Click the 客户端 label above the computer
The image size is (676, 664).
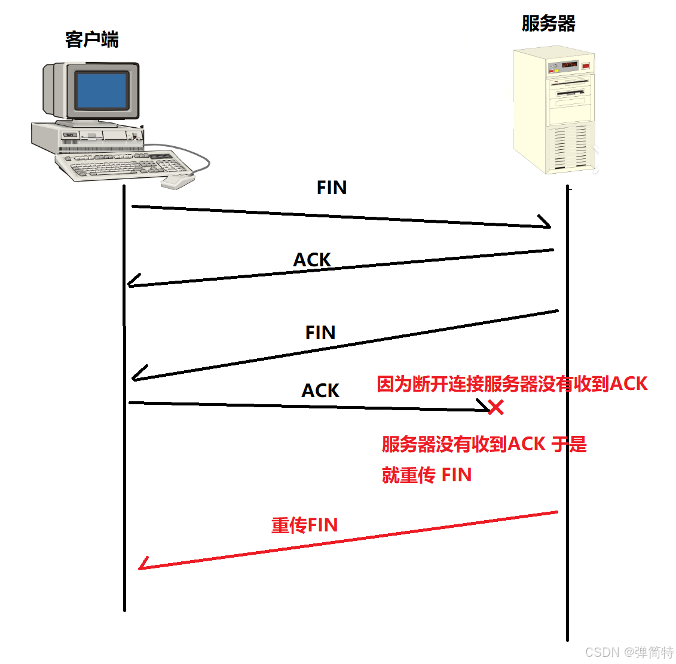point(92,39)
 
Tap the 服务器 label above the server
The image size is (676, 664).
point(548,24)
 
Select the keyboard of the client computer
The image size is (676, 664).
point(123,165)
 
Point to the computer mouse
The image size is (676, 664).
point(178,181)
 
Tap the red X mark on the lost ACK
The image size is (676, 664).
point(495,407)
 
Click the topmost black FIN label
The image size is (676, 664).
point(332,187)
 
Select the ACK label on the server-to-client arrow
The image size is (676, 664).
point(312,260)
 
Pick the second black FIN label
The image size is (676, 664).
point(320,333)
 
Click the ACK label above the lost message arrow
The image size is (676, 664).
point(320,391)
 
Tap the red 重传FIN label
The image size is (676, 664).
point(305,525)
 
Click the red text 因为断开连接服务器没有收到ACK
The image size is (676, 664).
point(512,384)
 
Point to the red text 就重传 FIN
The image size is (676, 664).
point(427,475)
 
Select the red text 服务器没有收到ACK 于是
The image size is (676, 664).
point(484,444)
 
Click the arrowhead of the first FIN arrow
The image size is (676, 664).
point(545,223)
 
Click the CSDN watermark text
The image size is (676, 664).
point(629,652)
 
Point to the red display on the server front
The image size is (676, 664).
point(568,64)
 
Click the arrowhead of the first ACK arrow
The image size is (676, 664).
point(133,282)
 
